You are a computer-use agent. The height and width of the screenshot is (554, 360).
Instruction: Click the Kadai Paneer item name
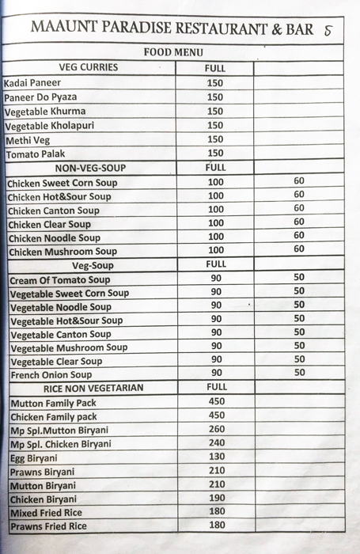click(x=32, y=83)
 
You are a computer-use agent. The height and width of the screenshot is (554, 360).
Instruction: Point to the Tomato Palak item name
click(x=36, y=154)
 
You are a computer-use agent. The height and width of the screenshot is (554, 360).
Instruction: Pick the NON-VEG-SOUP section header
click(x=90, y=169)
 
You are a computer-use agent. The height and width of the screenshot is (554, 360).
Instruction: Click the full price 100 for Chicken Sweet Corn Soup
click(x=215, y=183)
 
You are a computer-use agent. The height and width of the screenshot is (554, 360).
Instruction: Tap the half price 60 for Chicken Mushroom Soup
click(x=298, y=249)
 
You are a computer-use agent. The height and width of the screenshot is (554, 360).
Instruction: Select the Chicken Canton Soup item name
click(x=55, y=211)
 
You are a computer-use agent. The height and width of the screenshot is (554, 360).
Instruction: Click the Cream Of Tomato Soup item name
click(x=60, y=280)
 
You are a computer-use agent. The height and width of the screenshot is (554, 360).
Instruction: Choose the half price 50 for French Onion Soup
click(x=299, y=373)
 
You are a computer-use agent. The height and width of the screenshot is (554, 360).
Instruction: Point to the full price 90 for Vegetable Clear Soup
click(x=216, y=360)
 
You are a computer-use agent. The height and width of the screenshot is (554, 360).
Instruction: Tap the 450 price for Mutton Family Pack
click(x=216, y=402)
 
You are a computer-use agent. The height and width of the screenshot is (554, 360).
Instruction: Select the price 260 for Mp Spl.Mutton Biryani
click(x=216, y=430)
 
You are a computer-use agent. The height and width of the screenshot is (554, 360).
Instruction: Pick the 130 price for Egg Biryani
click(x=216, y=457)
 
